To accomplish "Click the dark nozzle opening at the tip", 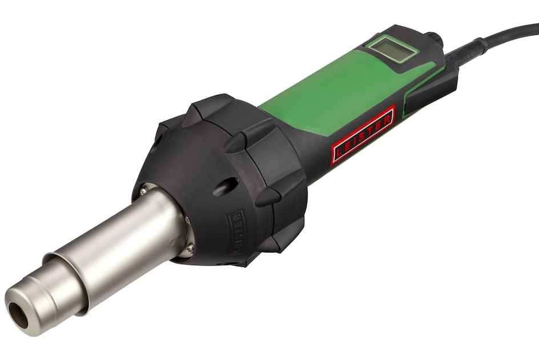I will coord(18,314).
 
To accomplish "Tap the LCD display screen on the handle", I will coord(392,49).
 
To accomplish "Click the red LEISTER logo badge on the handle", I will coord(363,135).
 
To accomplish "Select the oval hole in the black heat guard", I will coord(226,186).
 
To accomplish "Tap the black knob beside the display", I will coord(435,39).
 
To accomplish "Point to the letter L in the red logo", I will coord(339,153).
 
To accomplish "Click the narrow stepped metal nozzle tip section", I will coord(34,300).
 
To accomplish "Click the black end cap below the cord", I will coord(434,91).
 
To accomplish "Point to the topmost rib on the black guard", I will coord(212,106).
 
